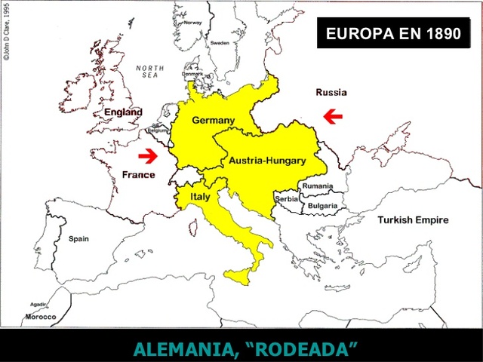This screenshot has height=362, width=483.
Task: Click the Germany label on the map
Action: [213, 120]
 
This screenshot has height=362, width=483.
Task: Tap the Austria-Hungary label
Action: [267, 161]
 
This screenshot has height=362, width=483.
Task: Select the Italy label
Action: [200, 196]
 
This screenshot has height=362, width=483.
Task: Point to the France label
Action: [138, 175]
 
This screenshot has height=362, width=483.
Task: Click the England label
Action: [123, 112]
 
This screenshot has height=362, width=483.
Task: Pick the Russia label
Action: [331, 93]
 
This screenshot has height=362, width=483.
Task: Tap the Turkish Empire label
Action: [413, 220]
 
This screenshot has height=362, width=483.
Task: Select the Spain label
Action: [78, 238]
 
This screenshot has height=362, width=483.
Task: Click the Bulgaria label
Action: [322, 205]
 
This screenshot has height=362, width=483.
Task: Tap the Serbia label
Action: [288, 199]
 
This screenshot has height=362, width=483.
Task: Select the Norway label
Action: [214, 23]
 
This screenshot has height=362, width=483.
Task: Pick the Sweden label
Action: [220, 44]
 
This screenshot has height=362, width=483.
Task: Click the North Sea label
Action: [150, 72]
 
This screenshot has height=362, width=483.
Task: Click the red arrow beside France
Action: [149, 156]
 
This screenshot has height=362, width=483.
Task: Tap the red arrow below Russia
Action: [332, 115]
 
